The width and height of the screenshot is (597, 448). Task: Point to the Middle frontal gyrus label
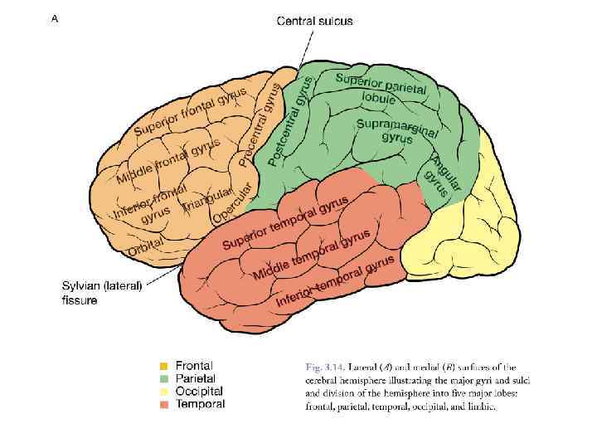tap(168, 161)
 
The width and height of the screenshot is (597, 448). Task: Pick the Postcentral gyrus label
tap(291, 119)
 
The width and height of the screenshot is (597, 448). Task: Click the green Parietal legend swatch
tap(165, 378)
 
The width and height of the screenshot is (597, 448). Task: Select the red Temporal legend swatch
tap(165, 404)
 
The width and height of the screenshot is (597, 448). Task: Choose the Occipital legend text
tap(199, 391)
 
